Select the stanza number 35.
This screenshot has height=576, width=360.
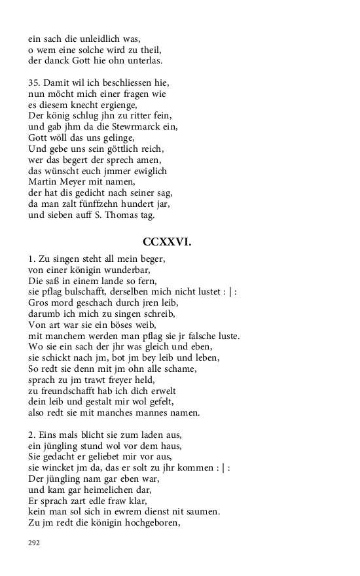(34, 84)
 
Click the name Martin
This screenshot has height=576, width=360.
(43, 182)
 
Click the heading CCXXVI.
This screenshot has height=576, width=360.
(166, 242)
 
